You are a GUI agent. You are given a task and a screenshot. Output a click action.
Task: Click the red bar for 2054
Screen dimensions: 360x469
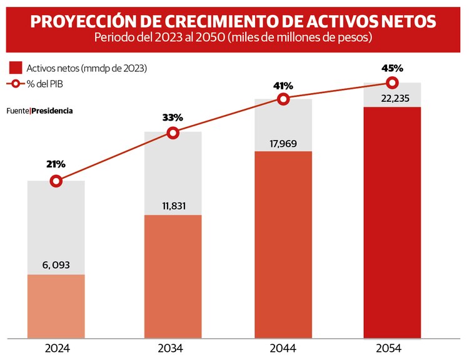392,222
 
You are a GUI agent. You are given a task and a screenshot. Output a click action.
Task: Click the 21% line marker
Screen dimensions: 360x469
56,181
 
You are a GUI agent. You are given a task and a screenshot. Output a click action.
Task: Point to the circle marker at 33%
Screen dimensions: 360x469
173,132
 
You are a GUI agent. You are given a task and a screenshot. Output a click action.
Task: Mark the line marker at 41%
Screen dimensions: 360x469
283,99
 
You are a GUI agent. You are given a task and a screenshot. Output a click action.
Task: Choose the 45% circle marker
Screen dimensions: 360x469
392,82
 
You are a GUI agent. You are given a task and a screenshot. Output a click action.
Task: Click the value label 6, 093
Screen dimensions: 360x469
56,265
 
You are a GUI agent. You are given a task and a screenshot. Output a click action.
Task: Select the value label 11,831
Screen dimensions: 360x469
173,206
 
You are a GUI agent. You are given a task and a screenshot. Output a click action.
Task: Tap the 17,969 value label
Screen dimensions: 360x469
283,142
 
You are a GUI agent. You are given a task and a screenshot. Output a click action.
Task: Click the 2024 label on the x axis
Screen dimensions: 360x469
56,349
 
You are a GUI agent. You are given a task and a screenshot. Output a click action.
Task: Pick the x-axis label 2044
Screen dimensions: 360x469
283,349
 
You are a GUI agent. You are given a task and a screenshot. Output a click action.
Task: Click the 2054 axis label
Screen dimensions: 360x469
392,349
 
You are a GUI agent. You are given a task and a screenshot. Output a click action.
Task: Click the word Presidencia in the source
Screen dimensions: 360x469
52,111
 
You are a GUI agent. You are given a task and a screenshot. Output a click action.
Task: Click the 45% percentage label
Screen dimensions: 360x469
392,67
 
